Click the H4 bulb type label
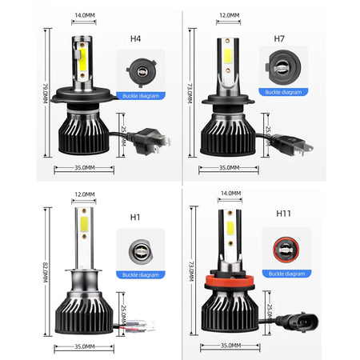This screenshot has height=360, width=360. coord(135,37)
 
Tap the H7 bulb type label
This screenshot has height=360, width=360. coord(279,38)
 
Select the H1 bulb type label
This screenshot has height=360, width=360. coord(135,217)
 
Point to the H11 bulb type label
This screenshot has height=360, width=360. coord(283,214)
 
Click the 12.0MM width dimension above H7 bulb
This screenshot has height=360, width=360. coord(228,15)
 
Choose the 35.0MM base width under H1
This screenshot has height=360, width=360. coord(85,348)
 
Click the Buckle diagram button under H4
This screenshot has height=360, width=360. coord(141,95)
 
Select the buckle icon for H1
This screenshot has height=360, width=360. coord(139,247)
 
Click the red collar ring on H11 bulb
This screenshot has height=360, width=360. coord(229,282)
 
